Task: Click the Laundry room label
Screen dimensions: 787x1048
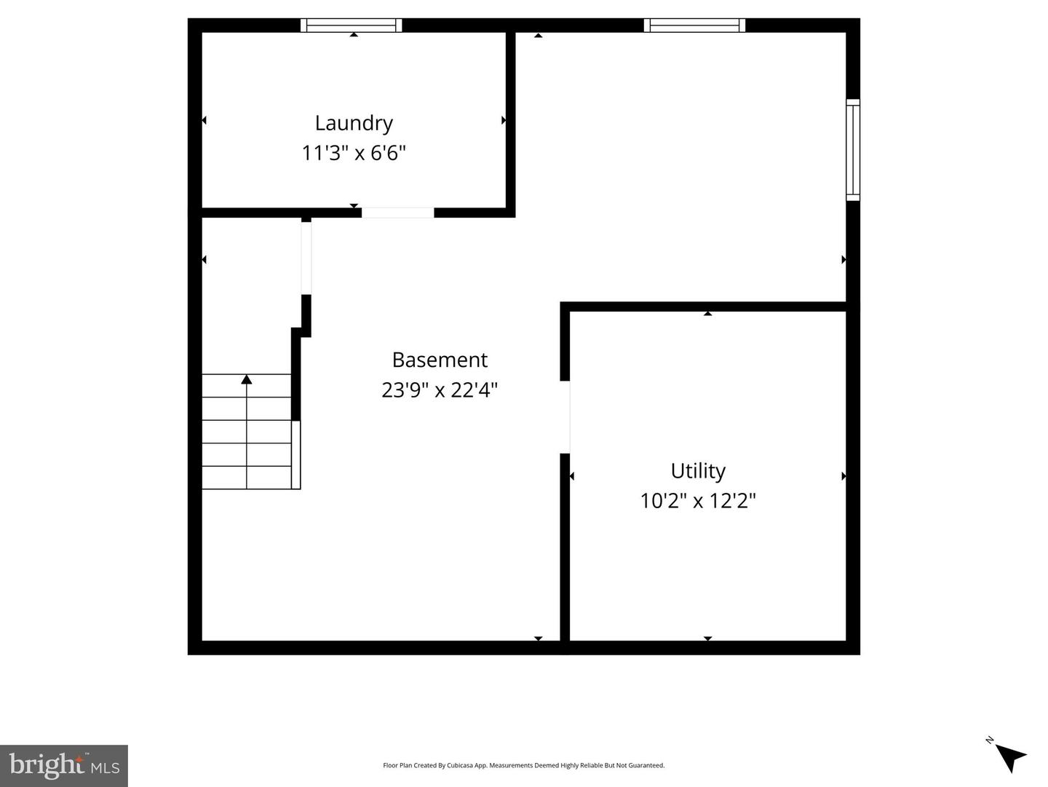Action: coord(354,123)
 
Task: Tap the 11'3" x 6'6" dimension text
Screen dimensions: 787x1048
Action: coord(354,154)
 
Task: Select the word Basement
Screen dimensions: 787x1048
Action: coord(440,360)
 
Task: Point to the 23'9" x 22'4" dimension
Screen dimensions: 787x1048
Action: coord(440,390)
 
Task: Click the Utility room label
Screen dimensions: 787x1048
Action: coord(698,471)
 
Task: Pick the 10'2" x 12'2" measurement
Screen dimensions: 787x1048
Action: coord(698,501)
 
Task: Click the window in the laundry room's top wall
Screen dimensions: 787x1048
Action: coord(352,25)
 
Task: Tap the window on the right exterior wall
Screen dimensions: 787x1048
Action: coord(852,149)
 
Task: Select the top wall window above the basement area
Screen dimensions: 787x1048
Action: coord(694,25)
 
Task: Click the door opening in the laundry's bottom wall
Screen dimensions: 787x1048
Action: coord(398,213)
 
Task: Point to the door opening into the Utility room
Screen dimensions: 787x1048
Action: coord(565,417)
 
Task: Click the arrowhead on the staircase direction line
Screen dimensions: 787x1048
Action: coord(247,379)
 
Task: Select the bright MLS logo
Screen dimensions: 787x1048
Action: coord(64,766)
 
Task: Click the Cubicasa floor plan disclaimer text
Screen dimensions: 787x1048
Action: coord(523,765)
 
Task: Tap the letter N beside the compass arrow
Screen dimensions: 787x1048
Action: coord(990,740)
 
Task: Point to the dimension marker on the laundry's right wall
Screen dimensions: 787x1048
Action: coord(504,120)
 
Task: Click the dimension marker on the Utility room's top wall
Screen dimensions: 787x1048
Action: coord(707,313)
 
